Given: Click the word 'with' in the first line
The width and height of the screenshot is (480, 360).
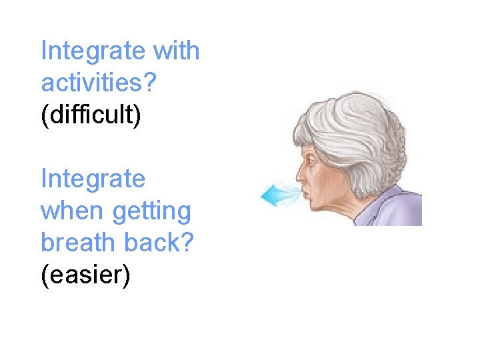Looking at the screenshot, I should pos(176,51).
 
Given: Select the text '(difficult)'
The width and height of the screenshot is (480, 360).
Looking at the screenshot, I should pos(91,115).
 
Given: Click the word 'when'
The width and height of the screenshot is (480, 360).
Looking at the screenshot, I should pos(73,211).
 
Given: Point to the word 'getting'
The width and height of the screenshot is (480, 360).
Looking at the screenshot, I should pos(151,213).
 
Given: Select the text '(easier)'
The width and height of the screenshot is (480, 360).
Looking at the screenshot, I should pos(85,275).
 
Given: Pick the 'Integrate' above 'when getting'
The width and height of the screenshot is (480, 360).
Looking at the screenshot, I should pos(93,179).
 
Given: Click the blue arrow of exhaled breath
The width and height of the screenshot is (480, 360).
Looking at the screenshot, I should pos(273,195).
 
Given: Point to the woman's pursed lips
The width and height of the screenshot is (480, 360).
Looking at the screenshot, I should pos(303,194).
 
